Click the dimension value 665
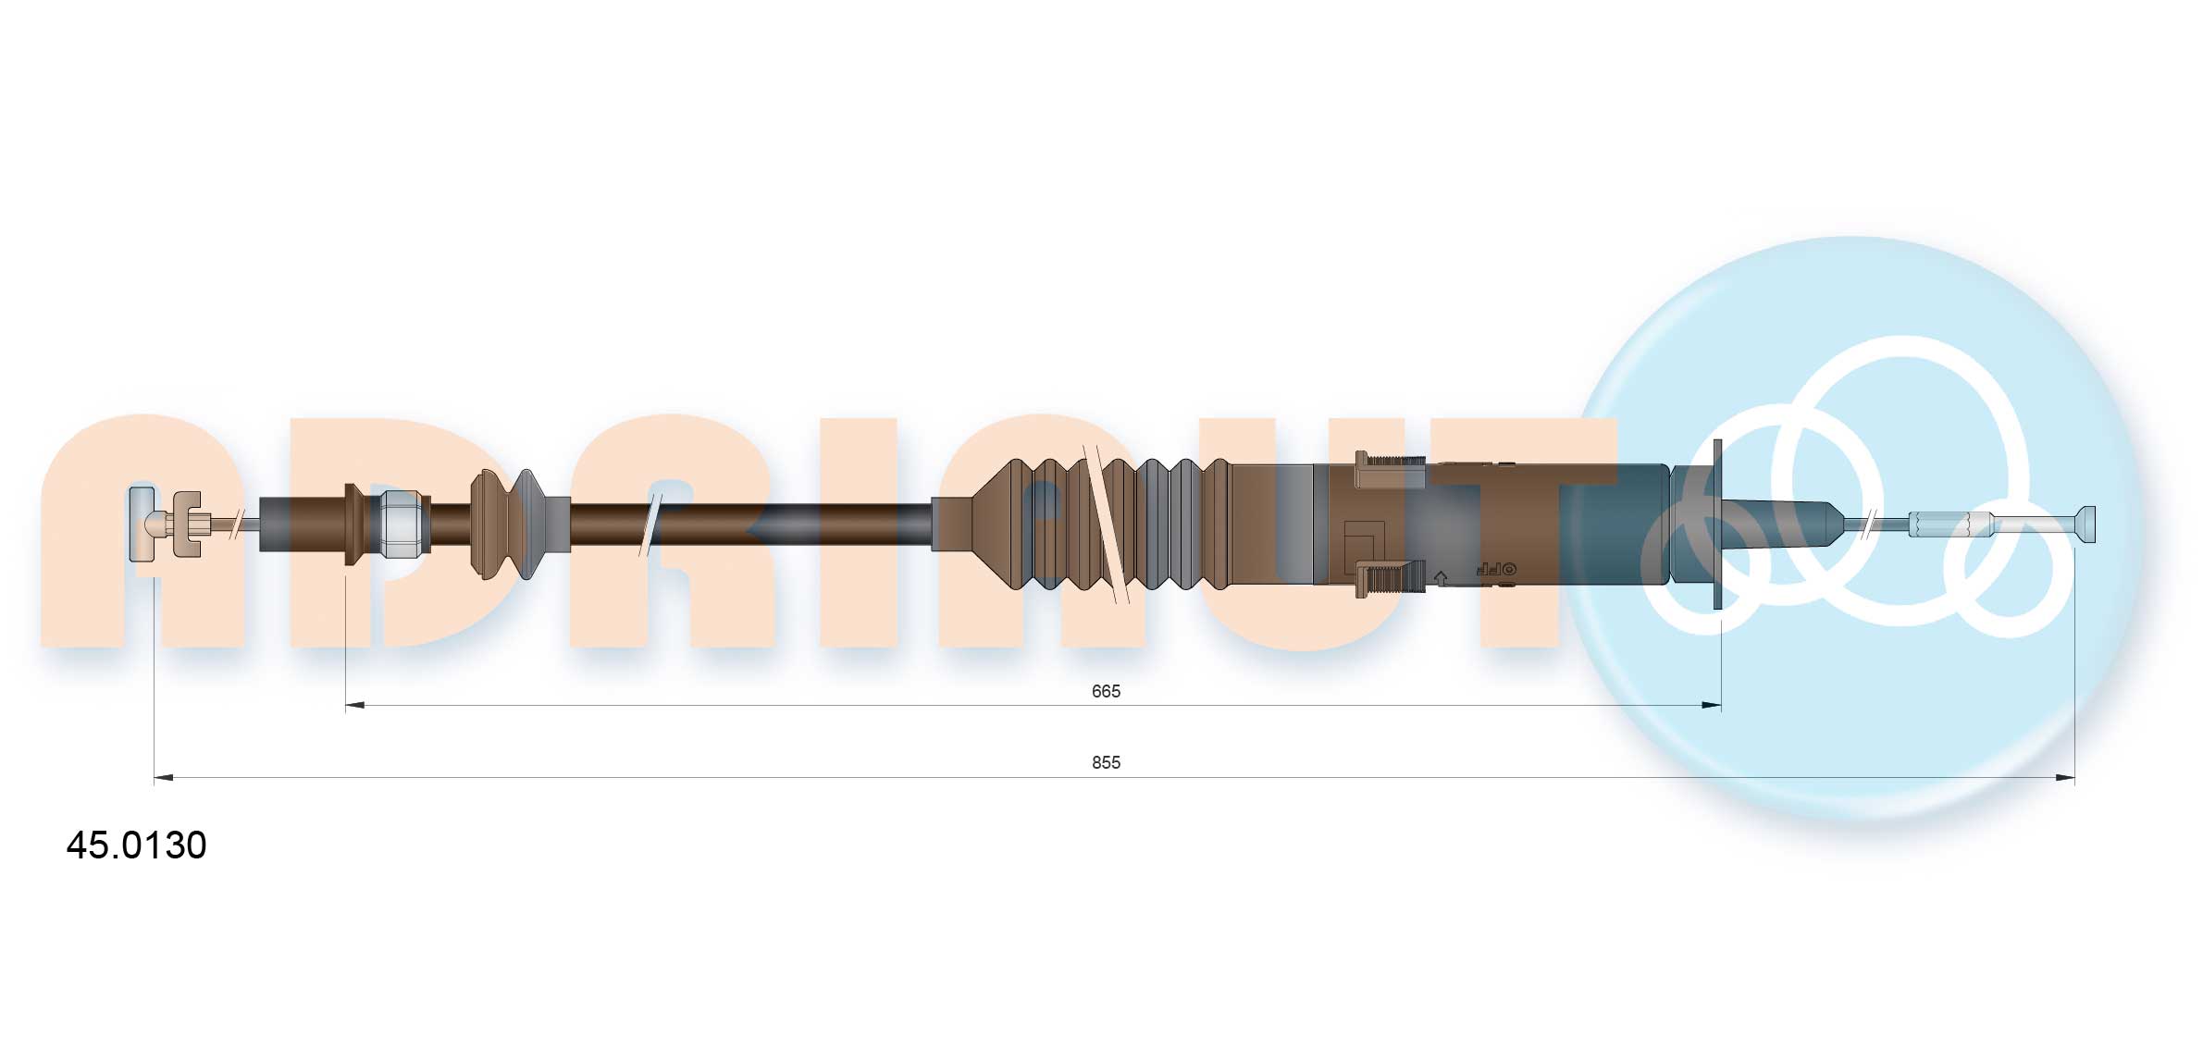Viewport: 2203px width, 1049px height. click(x=1105, y=691)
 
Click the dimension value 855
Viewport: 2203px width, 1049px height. click(x=1105, y=762)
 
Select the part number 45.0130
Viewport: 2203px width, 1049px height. click(x=137, y=845)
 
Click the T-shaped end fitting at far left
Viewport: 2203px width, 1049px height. click(x=142, y=524)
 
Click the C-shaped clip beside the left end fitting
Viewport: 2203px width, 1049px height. click(x=188, y=524)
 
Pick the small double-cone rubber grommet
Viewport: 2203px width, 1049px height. click(x=506, y=524)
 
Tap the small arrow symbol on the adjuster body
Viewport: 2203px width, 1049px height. click(x=1440, y=578)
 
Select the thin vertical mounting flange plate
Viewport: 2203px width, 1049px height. click(x=1718, y=524)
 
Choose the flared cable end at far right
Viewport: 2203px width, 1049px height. click(x=2085, y=524)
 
